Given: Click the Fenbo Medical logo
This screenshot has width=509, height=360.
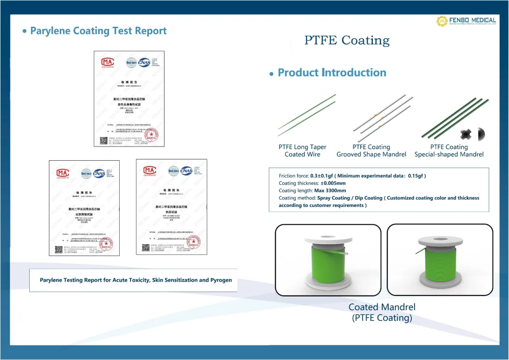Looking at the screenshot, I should coord(466,21).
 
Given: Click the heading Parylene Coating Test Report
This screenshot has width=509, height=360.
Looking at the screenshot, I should coord(98,31).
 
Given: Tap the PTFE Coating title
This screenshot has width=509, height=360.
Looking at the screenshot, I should coord(347,41).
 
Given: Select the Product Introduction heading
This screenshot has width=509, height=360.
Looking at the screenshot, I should coord(332,73).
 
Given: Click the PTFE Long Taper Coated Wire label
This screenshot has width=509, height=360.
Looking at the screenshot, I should coord(302,151).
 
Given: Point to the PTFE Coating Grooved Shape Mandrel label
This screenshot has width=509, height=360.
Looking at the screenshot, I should coord(371,151).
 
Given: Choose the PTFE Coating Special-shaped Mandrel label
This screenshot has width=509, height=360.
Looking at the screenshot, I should coord(449,151).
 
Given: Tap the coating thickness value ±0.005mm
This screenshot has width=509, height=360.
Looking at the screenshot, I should coord(333,183).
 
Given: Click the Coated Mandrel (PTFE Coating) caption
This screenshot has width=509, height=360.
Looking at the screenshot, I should coord(382,312).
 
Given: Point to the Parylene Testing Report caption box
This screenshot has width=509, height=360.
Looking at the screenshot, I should coord(136,280).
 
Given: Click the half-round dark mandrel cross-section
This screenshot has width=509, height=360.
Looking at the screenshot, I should coord(481,134).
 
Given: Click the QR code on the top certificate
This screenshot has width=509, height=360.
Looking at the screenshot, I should coord(104,140).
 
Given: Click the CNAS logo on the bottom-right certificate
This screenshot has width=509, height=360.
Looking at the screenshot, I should coord(187,170).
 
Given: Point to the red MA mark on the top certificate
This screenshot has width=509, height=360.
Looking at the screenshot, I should coord(107,62).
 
